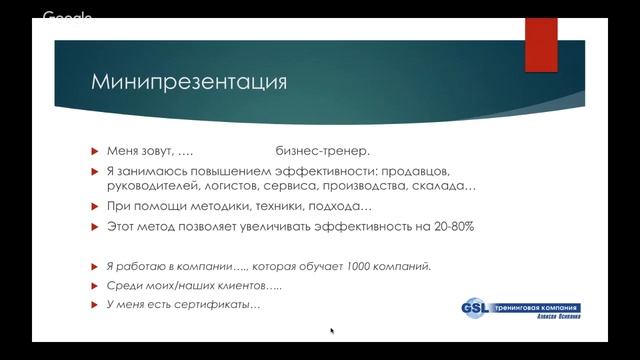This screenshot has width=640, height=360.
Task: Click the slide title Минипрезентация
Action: pyautogui.click(x=189, y=81)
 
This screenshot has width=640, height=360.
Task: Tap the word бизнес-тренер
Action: pyautogui.click(x=322, y=151)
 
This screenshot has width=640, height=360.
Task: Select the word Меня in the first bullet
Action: pyautogui.click(x=125, y=151)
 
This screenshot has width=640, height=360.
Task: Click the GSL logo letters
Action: pyautogui.click(x=476, y=309)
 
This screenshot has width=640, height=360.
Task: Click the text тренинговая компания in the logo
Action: pyautogui.click(x=536, y=307)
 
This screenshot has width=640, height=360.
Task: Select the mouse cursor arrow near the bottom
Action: pyautogui.click(x=332, y=331)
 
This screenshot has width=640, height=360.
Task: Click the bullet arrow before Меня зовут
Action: pyautogui.click(x=95, y=151)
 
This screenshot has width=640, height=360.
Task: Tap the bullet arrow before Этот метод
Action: pyautogui.click(x=95, y=227)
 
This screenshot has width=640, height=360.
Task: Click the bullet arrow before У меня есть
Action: pyautogui.click(x=95, y=304)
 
